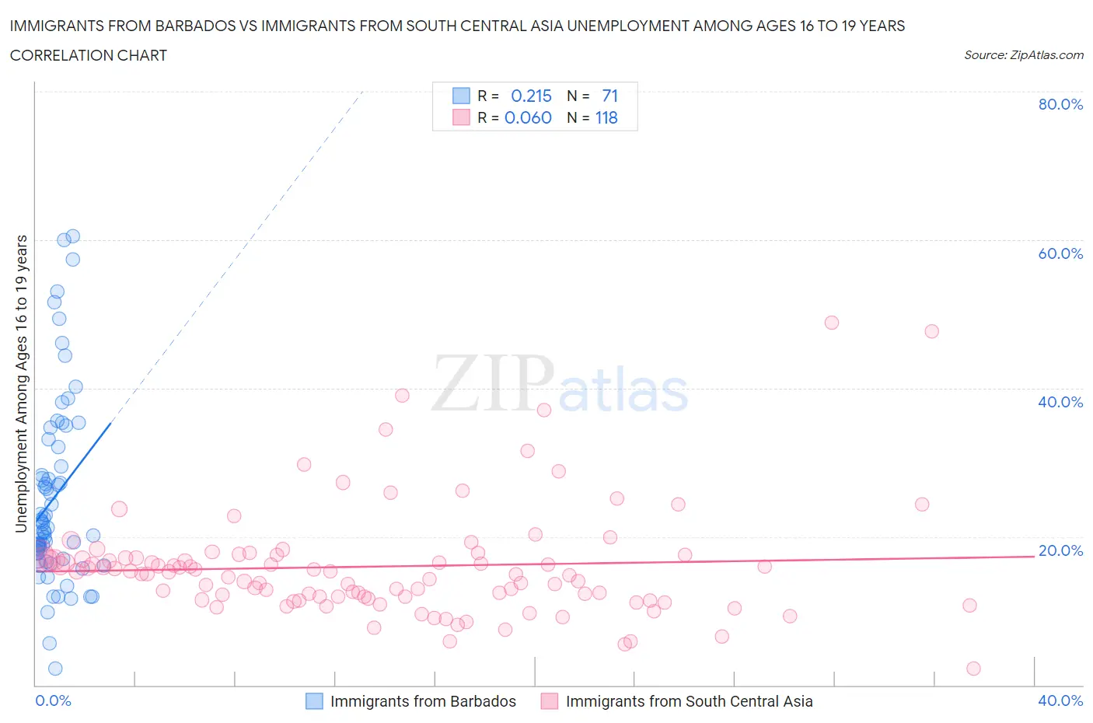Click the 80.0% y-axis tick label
coord(1060,104)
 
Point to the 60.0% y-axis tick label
coord(1060,253)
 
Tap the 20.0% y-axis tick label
coord(1060,550)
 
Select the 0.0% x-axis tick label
coord(53,700)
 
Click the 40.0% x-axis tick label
coord(1060,700)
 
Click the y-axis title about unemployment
coord(21,383)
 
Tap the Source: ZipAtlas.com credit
coord(1023,55)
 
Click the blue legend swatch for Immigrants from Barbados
coord(314,701)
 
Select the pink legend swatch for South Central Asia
coord(550,701)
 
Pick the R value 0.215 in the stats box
coord(531,96)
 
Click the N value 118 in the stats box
coord(606,117)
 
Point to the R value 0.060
coord(528,117)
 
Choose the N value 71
coord(609,96)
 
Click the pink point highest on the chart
coord(831,323)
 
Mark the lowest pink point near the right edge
coord(973,669)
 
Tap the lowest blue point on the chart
coord(55,669)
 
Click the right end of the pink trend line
coord(1033,556)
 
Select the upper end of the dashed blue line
coord(363,91)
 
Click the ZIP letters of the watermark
coord(493,382)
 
